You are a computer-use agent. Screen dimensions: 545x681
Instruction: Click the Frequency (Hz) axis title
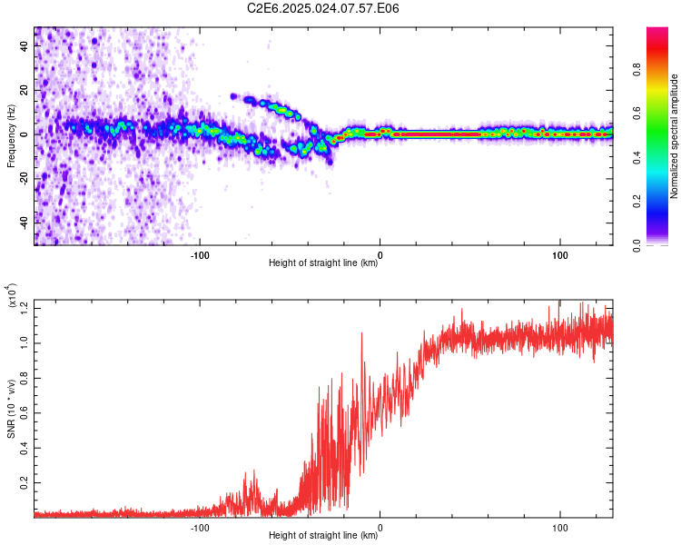click(x=11, y=136)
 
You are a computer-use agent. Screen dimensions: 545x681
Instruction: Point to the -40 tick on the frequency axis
click(x=23, y=222)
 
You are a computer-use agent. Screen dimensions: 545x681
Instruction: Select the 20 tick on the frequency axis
click(x=25, y=90)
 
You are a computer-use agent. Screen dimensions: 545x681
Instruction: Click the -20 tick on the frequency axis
click(x=23, y=178)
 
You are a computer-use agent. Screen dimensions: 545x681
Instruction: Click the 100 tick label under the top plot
click(x=560, y=254)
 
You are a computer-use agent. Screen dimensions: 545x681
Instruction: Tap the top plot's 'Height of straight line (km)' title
click(x=323, y=263)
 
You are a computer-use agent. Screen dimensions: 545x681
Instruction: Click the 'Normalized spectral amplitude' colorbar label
click(x=675, y=136)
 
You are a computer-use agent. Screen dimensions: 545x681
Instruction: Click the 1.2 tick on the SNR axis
click(x=25, y=308)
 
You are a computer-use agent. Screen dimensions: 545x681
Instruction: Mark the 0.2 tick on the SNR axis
click(x=25, y=482)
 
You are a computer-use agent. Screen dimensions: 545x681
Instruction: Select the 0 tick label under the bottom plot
click(x=380, y=527)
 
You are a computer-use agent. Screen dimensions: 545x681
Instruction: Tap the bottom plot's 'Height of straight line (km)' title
click(x=323, y=536)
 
